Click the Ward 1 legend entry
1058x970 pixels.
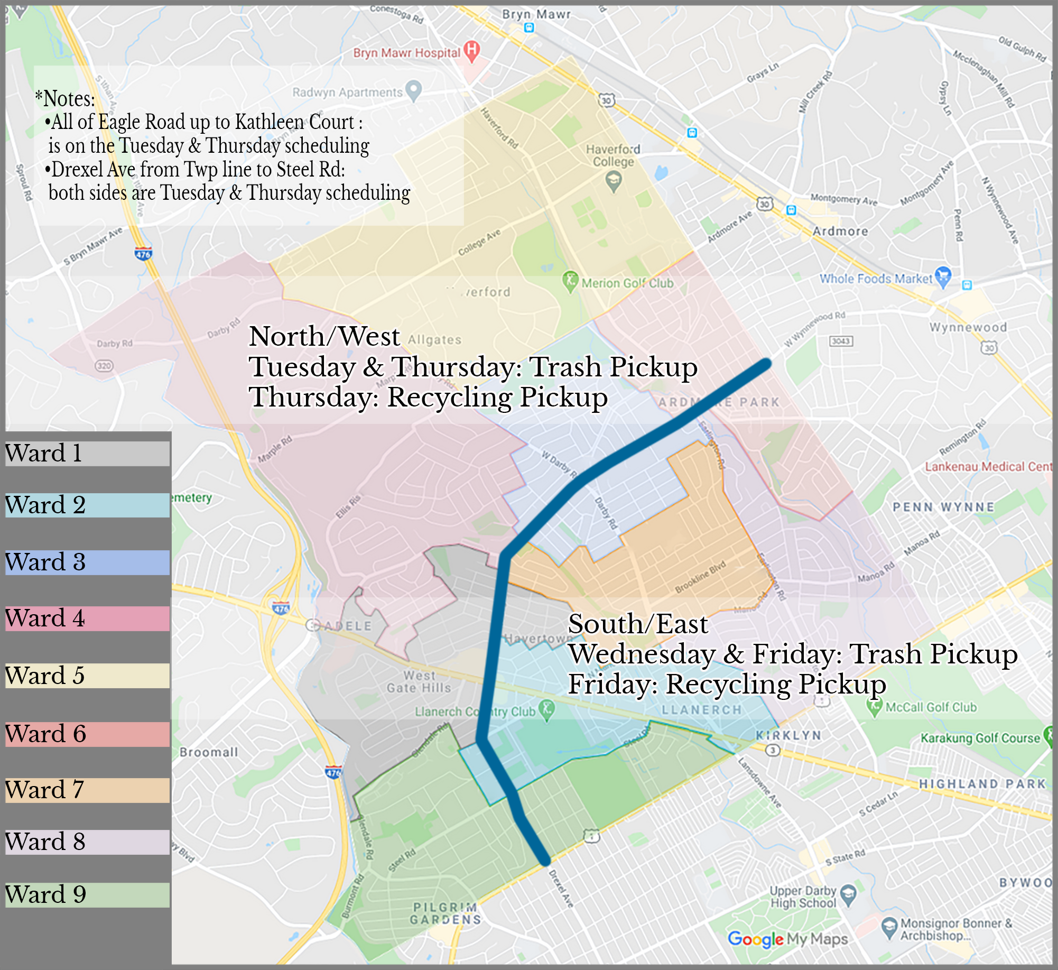click(x=87, y=454)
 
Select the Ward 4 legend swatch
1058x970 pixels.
click(x=87, y=618)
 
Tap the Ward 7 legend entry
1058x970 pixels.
click(x=87, y=790)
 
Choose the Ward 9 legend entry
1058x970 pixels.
click(x=87, y=895)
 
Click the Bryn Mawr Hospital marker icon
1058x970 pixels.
click(x=471, y=51)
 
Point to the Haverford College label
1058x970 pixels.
click(x=613, y=155)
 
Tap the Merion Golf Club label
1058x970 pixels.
click(x=627, y=283)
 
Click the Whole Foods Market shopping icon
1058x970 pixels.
click(x=943, y=276)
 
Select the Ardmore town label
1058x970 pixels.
click(x=840, y=231)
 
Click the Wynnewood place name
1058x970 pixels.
click(x=968, y=327)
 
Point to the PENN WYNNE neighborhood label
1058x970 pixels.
click(x=943, y=507)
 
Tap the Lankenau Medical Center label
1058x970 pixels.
click(x=988, y=466)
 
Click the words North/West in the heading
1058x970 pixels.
click(x=324, y=336)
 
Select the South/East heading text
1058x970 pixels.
click(x=637, y=624)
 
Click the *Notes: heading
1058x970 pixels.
click(x=65, y=98)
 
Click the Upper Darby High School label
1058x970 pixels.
click(x=803, y=897)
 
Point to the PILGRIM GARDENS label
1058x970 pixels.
click(x=446, y=913)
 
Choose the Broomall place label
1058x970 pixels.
click(x=209, y=752)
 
